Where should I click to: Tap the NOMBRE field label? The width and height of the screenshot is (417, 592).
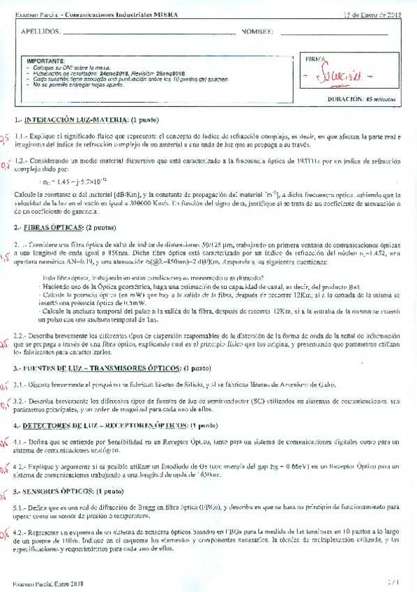coord(257,32)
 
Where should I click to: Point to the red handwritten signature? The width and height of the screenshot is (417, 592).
coord(346,73)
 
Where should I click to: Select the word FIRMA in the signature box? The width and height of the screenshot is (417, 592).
coord(315,59)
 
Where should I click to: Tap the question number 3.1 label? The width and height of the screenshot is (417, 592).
coord(20,385)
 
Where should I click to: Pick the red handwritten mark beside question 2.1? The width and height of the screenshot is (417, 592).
coord(6,257)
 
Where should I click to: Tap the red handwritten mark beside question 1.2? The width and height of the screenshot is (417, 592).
coord(6,161)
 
